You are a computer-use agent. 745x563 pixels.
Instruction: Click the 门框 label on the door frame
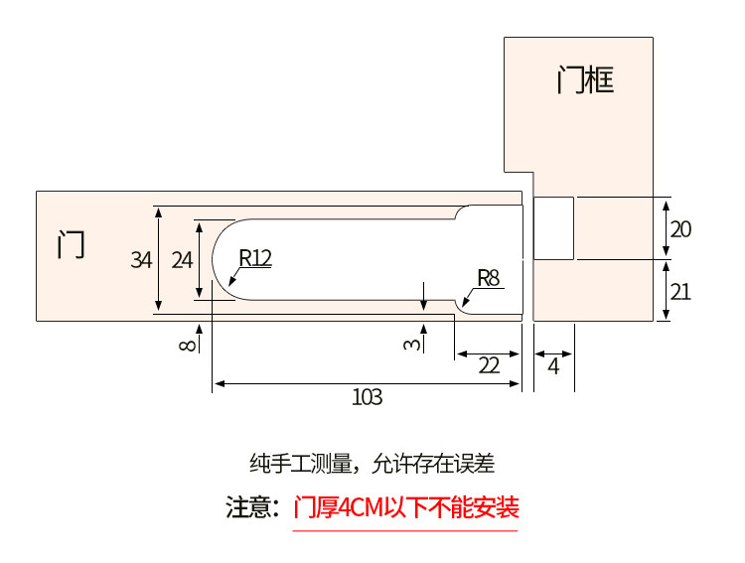coord(585,78)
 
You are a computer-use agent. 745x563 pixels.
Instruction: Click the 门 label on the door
coord(71,244)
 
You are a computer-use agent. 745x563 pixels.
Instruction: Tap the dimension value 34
coord(141,260)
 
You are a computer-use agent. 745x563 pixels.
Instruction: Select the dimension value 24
coord(182,260)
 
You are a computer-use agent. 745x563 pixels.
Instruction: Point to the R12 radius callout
coord(254,257)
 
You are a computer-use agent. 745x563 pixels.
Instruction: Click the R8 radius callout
coord(487,277)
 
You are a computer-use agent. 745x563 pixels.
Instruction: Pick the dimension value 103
coord(367,397)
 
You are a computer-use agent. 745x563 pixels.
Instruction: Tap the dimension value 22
coord(489,364)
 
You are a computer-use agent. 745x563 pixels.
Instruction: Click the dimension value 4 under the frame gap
coord(553,364)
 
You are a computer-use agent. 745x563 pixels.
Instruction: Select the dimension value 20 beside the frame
coord(680,229)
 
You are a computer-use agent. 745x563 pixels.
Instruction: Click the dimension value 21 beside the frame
coord(680,291)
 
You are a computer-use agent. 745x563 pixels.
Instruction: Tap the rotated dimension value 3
coord(410,344)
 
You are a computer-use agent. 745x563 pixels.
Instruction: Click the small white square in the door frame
coord(554,228)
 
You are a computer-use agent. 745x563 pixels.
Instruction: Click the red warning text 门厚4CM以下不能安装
coord(406,508)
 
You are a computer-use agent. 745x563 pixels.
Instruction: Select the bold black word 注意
coord(252,508)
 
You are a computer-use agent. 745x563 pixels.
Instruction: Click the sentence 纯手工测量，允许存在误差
coord(372,463)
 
